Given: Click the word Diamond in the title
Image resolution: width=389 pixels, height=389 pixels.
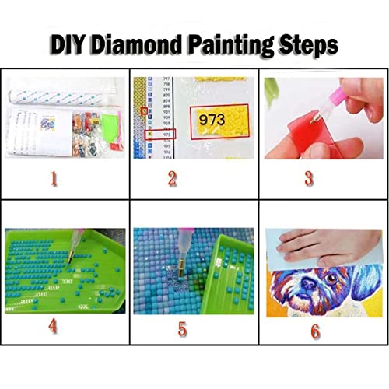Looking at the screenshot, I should (144, 44).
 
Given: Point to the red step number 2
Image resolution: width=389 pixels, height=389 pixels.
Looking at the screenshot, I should (182, 179).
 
